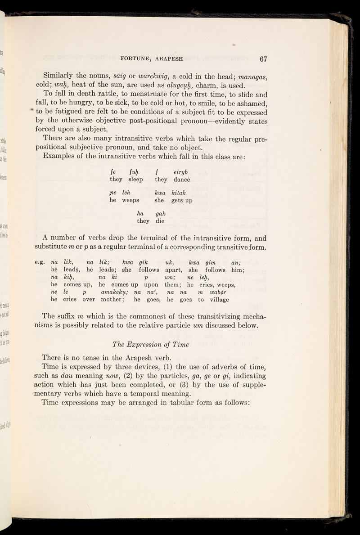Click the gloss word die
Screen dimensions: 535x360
[x=160, y=221]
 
